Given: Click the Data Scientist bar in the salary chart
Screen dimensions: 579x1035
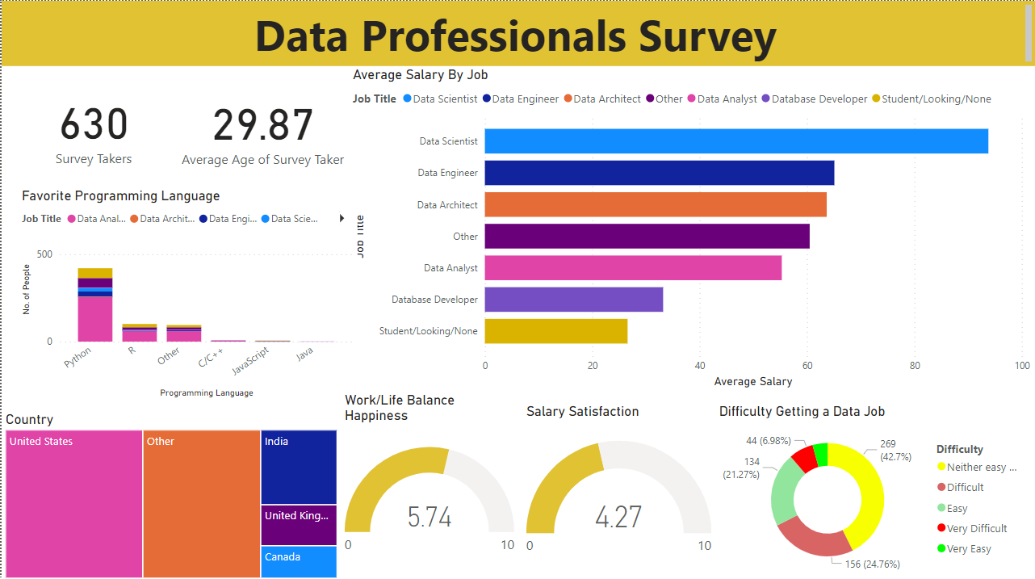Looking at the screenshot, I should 735,141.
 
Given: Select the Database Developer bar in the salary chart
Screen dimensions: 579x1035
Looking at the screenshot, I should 573,300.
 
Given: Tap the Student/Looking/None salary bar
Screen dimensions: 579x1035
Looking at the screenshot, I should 555,331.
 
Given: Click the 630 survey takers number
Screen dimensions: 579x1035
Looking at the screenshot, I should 94,125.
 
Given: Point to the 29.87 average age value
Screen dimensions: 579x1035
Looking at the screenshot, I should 262,125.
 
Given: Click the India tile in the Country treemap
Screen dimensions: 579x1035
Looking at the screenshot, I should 298,467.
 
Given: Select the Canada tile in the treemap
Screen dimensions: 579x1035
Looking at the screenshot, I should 298,561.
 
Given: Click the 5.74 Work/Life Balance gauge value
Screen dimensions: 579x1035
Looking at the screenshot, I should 429,517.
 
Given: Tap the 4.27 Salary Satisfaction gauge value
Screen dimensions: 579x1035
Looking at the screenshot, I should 618,517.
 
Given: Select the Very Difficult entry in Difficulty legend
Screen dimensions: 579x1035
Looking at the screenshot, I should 977,529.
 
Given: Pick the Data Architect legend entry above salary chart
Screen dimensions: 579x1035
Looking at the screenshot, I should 607,99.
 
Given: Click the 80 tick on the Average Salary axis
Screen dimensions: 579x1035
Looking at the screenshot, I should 914,365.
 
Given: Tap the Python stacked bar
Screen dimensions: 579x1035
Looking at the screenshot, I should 94,307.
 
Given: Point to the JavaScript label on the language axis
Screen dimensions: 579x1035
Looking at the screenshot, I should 250,359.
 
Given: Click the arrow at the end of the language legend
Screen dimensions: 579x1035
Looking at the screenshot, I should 342,219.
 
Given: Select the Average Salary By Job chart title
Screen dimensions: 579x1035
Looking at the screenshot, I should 420,75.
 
